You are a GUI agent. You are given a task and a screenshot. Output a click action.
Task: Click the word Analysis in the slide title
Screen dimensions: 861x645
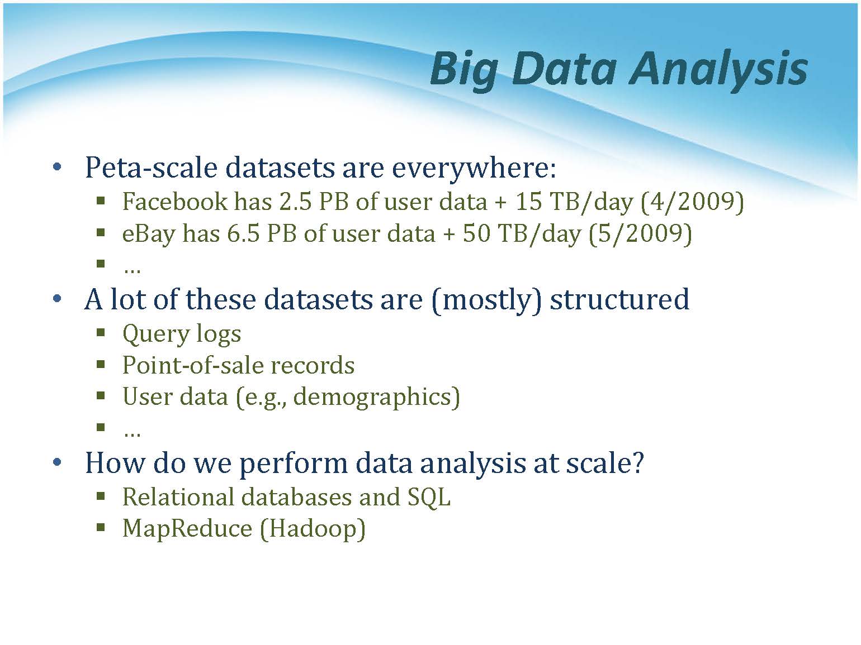(x=718, y=70)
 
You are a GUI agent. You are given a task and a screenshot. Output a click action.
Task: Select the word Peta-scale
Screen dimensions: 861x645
(x=151, y=168)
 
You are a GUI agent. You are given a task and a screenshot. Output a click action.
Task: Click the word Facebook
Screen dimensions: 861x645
(x=175, y=202)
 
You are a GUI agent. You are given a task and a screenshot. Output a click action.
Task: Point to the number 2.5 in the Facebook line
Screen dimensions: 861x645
(x=295, y=202)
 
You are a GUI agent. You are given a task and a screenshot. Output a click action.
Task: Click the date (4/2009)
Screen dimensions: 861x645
(x=692, y=203)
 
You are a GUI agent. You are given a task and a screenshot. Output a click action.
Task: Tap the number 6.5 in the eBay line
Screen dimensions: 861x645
(x=243, y=234)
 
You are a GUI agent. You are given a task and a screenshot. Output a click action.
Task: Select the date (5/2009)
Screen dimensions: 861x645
(x=640, y=235)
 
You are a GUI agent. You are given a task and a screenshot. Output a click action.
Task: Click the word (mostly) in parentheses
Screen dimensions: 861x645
(x=486, y=300)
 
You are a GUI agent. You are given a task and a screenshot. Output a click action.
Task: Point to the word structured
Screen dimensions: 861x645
(x=619, y=299)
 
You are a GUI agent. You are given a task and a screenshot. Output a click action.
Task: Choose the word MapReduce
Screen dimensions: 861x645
(x=187, y=529)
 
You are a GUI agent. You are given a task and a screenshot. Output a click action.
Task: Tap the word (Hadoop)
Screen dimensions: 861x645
(x=313, y=529)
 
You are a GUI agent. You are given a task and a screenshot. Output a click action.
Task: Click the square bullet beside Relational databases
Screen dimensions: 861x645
(x=101, y=497)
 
